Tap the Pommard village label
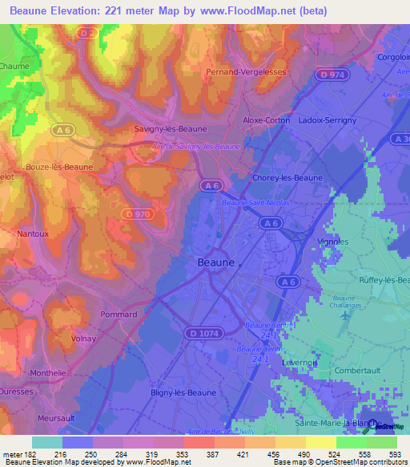(119, 315)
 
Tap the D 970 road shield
(139, 214)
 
